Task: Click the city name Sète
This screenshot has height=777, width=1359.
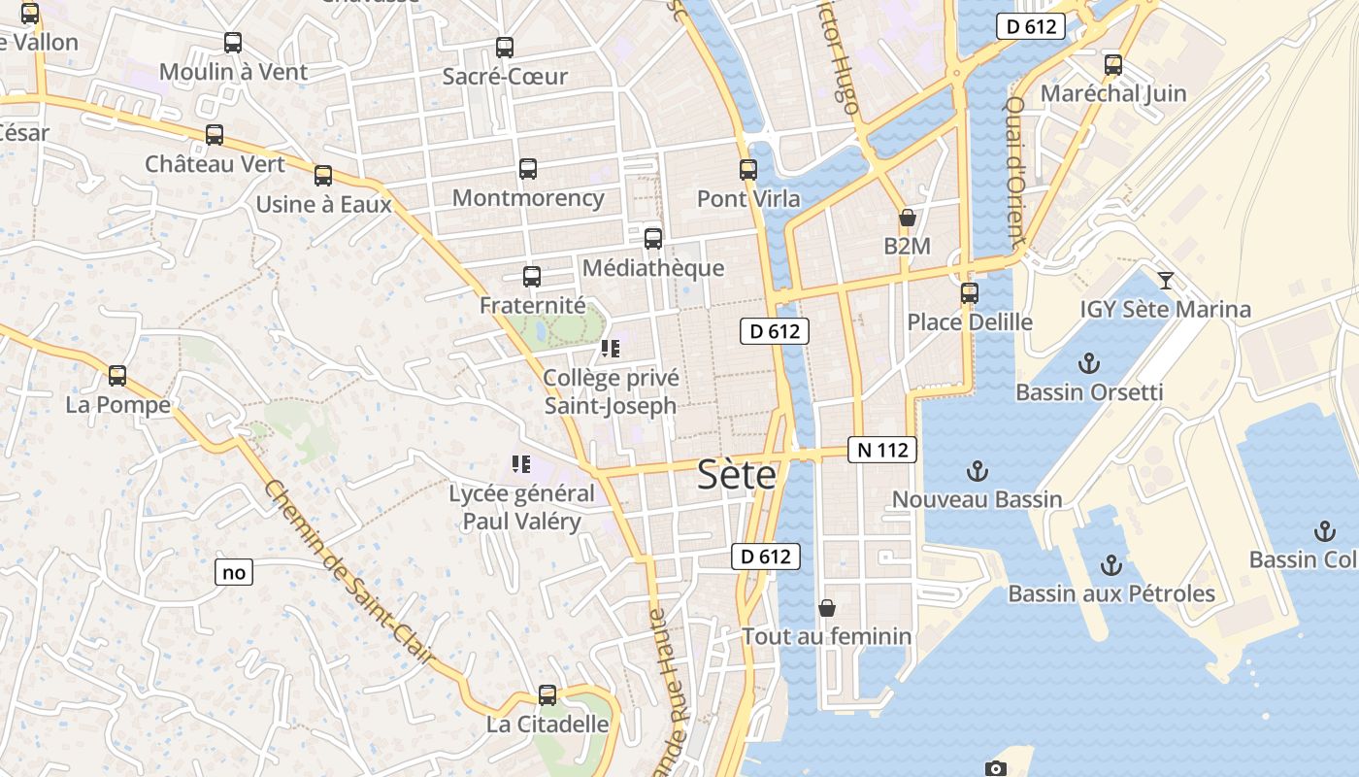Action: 737,475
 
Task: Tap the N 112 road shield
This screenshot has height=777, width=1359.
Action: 882,450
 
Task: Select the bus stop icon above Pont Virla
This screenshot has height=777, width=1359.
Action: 747,170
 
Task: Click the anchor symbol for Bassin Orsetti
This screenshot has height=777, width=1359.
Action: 1089,364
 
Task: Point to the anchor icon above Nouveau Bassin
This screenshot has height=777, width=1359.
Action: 977,472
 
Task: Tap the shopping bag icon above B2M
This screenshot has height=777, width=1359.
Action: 908,218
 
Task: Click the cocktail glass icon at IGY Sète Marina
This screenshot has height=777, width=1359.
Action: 1166,281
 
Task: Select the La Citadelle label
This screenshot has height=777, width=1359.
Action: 547,725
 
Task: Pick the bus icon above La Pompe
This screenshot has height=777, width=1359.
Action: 117,376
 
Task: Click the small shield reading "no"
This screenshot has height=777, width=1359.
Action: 234,572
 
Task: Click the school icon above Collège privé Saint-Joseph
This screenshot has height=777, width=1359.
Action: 610,349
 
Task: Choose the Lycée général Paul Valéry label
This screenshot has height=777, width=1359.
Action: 521,507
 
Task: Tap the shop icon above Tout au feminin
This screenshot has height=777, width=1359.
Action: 827,608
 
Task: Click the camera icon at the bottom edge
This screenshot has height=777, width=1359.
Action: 995,768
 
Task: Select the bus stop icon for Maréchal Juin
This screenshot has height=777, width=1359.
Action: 1113,65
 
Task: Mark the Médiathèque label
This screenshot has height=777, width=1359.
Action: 653,268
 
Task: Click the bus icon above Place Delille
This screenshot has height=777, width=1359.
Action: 969,293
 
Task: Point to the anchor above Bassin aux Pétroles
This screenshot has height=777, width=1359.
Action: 1111,565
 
